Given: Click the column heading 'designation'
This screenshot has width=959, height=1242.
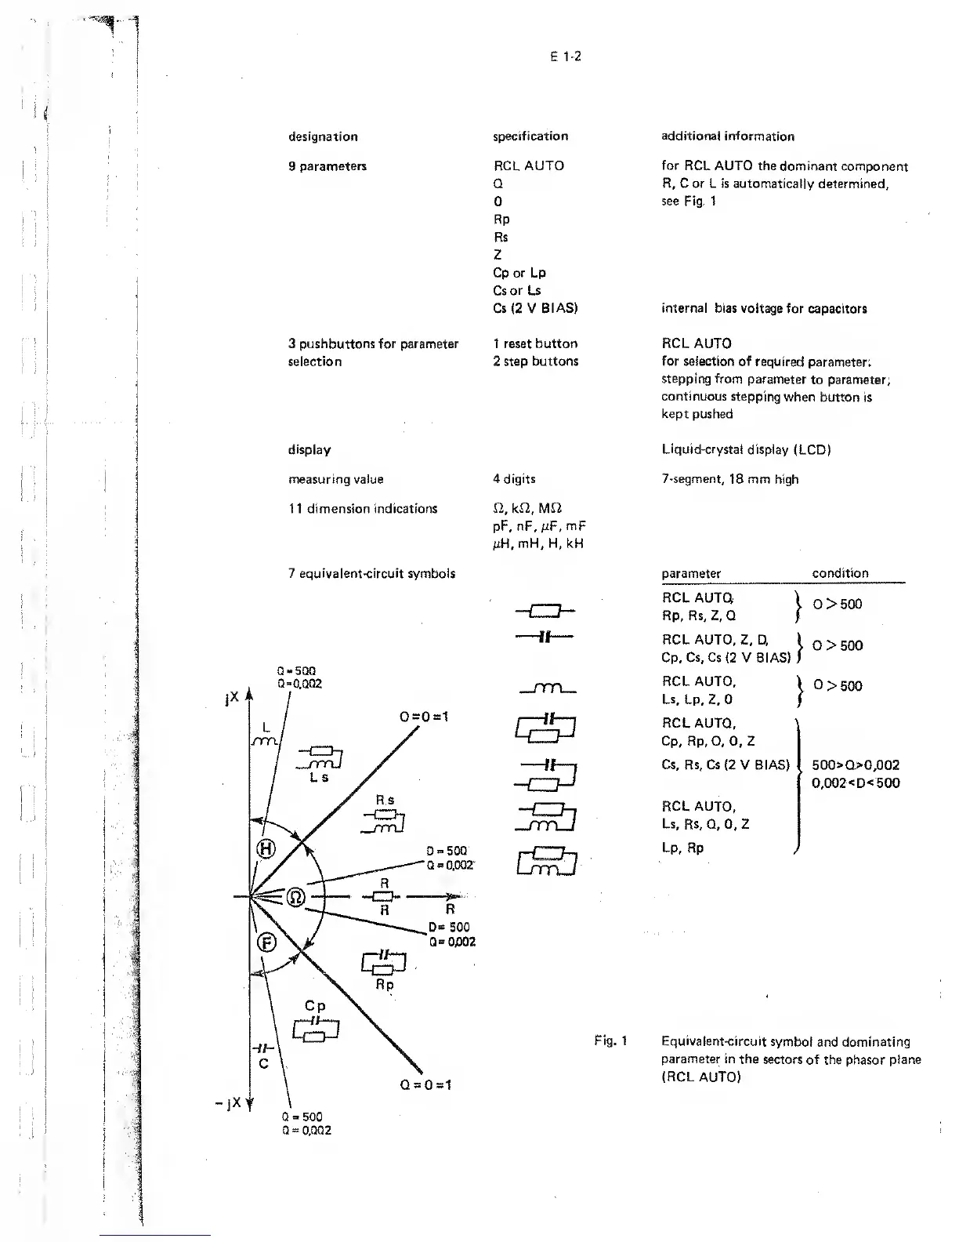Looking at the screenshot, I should pyautogui.click(x=323, y=136).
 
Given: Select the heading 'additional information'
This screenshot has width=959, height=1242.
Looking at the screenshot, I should pyautogui.click(x=728, y=136).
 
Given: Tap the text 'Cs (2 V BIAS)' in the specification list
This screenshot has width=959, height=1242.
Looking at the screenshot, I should pyautogui.click(x=535, y=307).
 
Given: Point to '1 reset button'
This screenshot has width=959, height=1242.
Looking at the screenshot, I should pyautogui.click(x=535, y=343).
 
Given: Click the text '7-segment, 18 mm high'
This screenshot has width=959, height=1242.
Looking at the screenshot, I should pyautogui.click(x=729, y=479).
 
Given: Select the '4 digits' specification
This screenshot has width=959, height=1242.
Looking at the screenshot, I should pyautogui.click(x=514, y=479).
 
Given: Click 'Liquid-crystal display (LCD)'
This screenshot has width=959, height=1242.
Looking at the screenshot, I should pyautogui.click(x=746, y=449).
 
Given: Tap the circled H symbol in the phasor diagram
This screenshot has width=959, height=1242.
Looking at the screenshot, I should pyautogui.click(x=267, y=848).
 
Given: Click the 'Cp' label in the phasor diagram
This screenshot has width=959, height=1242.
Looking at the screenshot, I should pyautogui.click(x=315, y=1006).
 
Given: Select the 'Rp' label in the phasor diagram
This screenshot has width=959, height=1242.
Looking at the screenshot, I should pyautogui.click(x=384, y=985).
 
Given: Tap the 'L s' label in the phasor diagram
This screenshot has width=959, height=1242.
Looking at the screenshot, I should pyautogui.click(x=319, y=777).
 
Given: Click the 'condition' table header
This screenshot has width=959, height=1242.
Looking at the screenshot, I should pyautogui.click(x=840, y=573).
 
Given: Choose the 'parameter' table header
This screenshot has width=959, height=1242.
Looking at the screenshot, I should pyautogui.click(x=691, y=573).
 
